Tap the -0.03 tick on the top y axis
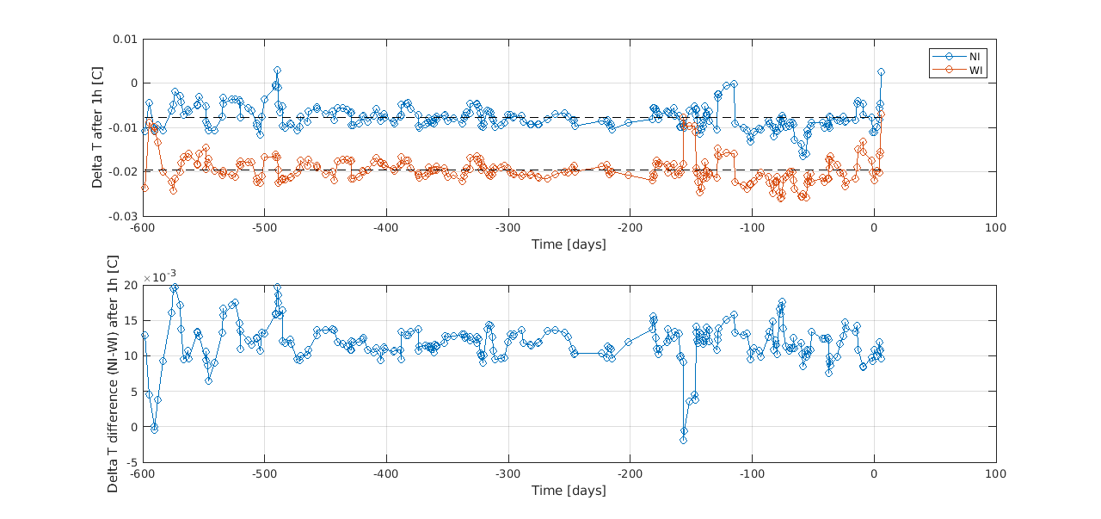click(x=124, y=216)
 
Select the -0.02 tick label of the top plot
click(x=124, y=172)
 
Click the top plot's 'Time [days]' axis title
click(x=569, y=244)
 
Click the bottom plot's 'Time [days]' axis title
click(x=569, y=491)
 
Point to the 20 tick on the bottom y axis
click(x=130, y=285)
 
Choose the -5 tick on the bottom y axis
click(x=130, y=462)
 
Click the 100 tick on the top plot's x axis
click(x=996, y=228)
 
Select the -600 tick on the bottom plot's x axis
click(x=143, y=474)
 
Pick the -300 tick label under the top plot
click(x=508, y=228)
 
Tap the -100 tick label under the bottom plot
click(x=752, y=474)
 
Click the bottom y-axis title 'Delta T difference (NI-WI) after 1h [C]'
click(x=113, y=374)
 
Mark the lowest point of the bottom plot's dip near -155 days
click(x=684, y=440)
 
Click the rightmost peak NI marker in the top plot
click(x=881, y=72)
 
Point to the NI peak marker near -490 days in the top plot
click(x=277, y=71)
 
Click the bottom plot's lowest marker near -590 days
click(x=155, y=429)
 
